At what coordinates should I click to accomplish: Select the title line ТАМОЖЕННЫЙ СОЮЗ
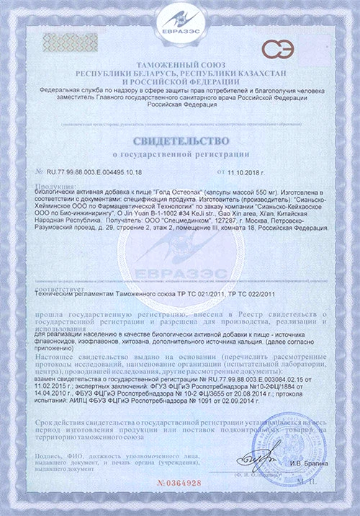coord(179,66)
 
